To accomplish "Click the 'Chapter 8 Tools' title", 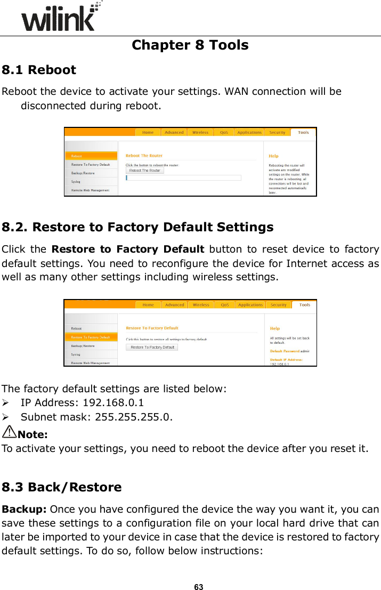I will point(190,45).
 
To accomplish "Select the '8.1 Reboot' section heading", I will point(39,70).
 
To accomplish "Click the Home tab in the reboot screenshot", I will point(148,132).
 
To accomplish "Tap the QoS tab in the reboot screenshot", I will point(224,132).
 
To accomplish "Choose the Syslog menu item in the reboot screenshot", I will point(76,181).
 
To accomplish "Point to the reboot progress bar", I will point(183,178).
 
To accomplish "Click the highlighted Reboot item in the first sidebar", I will point(77,156).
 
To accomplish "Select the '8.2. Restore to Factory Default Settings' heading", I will point(137,227).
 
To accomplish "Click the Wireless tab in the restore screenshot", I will point(200,305).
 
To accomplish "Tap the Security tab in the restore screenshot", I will point(278,305).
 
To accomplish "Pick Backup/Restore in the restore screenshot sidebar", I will point(83,346).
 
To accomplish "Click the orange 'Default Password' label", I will point(285,351).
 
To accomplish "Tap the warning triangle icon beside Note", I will point(10,432).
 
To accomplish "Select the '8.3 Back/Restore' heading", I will point(62,487).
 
